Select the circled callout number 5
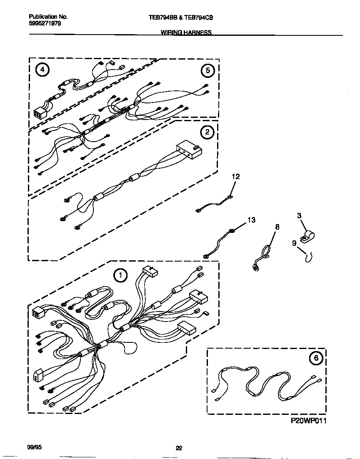pyautogui.click(x=207, y=71)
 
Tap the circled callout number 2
pyautogui.click(x=207, y=132)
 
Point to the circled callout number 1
pyautogui.click(x=120, y=275)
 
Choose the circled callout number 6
pyautogui.click(x=315, y=357)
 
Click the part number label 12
pyautogui.click(x=236, y=177)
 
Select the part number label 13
pyautogui.click(x=252, y=220)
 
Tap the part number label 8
pyautogui.click(x=277, y=227)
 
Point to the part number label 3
pyautogui.click(x=299, y=216)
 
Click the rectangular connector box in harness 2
pyautogui.click(x=189, y=150)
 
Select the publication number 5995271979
pyautogui.click(x=45, y=24)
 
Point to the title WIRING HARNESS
pyautogui.click(x=186, y=32)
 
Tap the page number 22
pyautogui.click(x=179, y=448)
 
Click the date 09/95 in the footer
pyautogui.click(x=35, y=447)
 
